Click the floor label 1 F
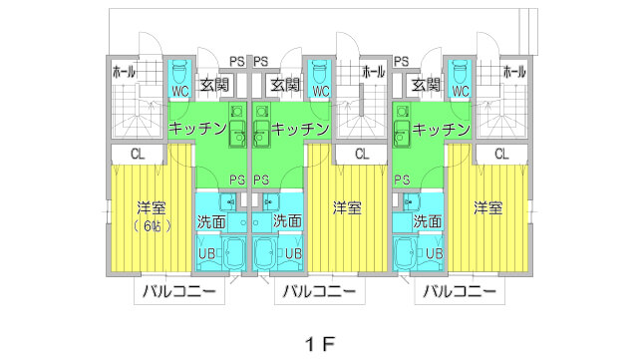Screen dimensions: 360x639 319,343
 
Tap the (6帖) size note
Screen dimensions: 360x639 152,226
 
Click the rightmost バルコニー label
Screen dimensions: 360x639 460,291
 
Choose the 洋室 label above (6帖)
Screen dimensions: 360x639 152,208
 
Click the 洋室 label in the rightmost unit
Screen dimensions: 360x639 487,208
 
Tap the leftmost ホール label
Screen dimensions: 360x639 125,72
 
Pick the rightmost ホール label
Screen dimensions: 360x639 514,72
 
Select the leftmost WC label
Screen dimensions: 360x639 179,91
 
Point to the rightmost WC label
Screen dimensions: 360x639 461,91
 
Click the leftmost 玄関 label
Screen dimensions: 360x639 214,85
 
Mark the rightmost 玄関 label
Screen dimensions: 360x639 426,85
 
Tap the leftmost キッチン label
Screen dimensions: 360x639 197,129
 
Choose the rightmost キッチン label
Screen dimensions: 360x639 441,129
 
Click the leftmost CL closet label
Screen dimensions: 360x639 140,154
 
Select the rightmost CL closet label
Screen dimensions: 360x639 501,154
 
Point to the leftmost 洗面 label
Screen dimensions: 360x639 211,220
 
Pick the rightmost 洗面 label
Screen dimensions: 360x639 427,220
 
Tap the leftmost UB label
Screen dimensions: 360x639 207,253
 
